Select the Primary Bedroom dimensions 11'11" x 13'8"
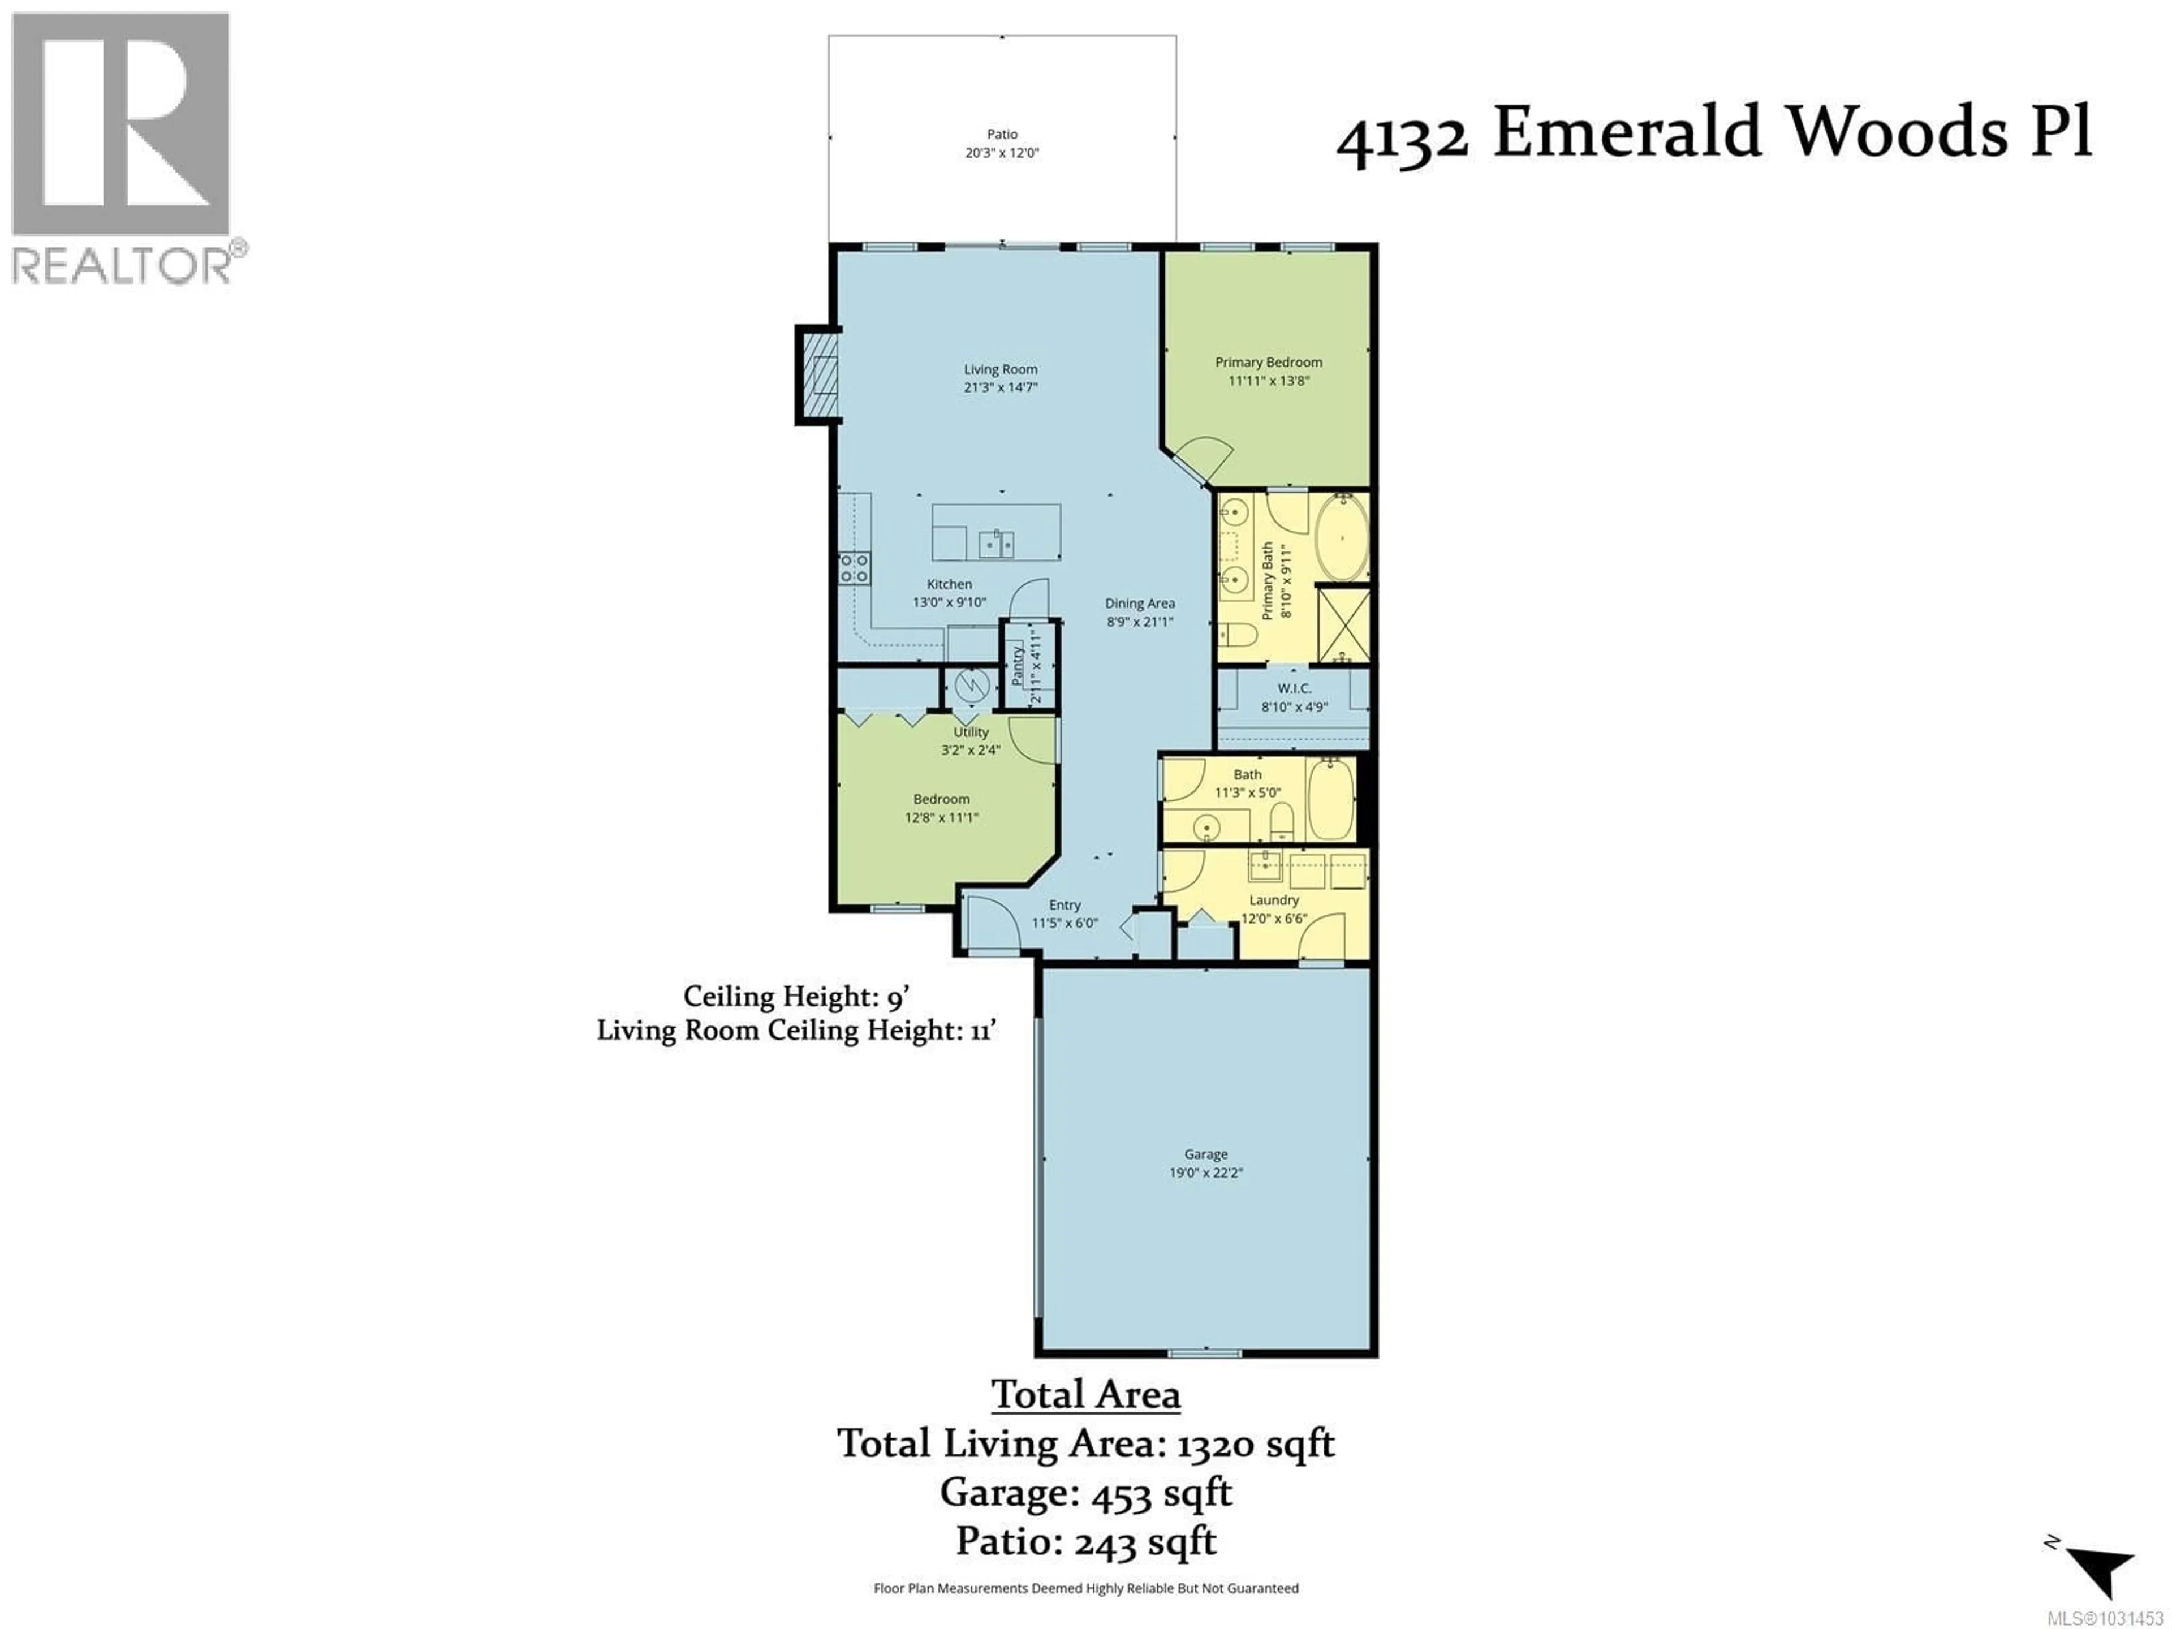pos(1269,381)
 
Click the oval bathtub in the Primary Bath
pos(1341,538)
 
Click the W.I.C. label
pos(1294,688)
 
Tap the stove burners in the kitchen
pos(854,567)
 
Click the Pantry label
pos(1018,666)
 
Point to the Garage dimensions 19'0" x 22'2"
pos(1206,1173)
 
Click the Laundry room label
pos(1274,899)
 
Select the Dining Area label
pos(1139,603)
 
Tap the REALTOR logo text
pos(123,265)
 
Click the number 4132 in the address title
pos(1402,137)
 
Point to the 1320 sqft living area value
pos(1256,1443)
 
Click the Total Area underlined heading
pos(1085,1394)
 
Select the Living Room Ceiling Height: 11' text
pos(796,1030)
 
